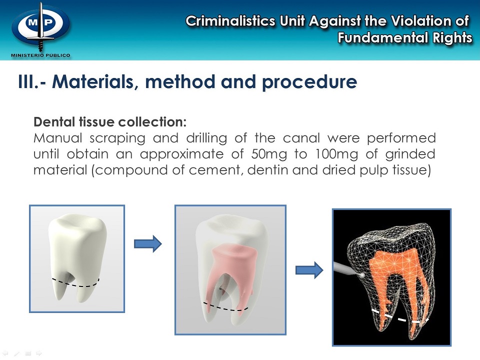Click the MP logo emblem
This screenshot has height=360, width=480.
click(x=40, y=26)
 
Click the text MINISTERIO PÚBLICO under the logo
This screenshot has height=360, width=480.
click(x=40, y=54)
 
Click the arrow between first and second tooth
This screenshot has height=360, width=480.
click(x=148, y=244)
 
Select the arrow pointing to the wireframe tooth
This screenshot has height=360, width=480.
click(x=309, y=270)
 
